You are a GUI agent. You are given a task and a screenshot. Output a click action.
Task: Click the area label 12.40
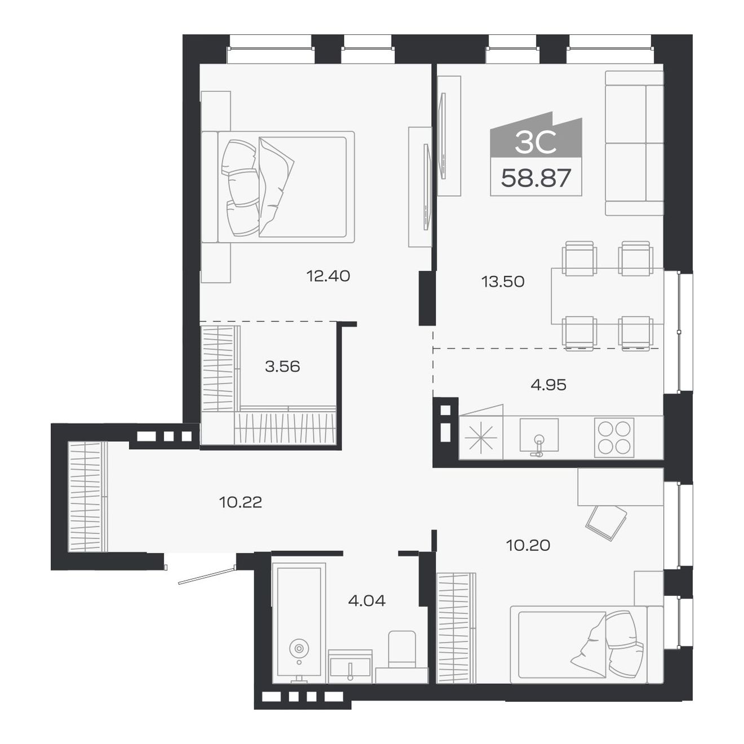click(x=328, y=276)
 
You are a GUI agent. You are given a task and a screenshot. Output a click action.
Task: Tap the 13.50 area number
click(x=503, y=282)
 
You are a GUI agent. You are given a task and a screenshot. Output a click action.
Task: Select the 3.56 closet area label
click(x=282, y=366)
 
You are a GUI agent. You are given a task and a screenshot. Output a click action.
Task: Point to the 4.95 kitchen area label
click(x=548, y=384)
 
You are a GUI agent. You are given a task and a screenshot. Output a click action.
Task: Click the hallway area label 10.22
click(x=241, y=502)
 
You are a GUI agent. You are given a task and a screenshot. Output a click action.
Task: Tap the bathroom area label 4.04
click(x=367, y=600)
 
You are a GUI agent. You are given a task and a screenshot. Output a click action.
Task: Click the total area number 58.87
click(x=536, y=178)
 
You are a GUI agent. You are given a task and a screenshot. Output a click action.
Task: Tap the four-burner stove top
click(x=614, y=437)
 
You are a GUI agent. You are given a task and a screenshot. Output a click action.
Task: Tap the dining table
click(x=608, y=296)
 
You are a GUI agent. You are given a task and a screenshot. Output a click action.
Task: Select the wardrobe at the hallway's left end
click(x=88, y=497)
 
